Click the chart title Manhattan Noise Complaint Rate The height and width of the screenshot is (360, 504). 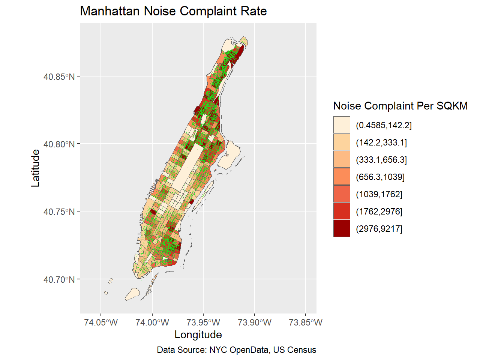click(x=173, y=11)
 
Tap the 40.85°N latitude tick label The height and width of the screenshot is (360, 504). click(x=59, y=77)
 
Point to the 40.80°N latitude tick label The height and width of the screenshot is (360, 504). click(x=59, y=144)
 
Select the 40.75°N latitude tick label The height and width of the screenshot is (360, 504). click(x=59, y=212)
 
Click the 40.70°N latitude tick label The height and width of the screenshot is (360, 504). click(x=59, y=280)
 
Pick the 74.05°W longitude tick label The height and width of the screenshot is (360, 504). click(x=101, y=322)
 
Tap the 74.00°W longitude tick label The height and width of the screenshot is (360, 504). click(x=152, y=322)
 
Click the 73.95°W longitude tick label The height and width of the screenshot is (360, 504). click(x=203, y=322)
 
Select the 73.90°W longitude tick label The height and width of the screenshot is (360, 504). click(x=255, y=322)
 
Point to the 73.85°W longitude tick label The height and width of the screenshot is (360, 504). click(x=306, y=322)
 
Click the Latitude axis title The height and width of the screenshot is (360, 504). click(x=36, y=168)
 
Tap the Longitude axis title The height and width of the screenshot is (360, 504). click(x=198, y=334)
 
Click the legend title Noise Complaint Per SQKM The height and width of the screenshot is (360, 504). click(x=400, y=106)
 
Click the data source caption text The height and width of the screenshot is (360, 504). click(x=236, y=350)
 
